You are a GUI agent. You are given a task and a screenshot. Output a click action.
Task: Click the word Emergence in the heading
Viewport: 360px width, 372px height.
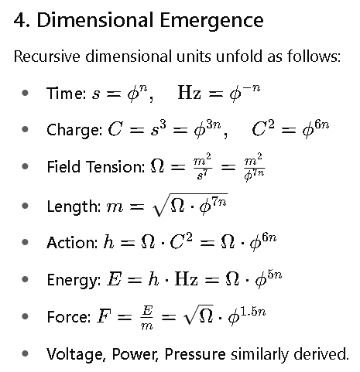tap(211, 21)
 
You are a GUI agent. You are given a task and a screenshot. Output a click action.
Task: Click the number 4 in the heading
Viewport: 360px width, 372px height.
tap(19, 20)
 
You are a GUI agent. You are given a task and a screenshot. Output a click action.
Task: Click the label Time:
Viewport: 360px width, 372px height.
tap(66, 93)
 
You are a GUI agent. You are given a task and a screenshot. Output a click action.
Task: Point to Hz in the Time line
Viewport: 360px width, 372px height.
tap(189, 93)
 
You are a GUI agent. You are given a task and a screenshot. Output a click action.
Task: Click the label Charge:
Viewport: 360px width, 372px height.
tap(74, 130)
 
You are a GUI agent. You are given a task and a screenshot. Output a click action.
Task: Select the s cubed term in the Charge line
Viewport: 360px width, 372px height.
tap(158, 128)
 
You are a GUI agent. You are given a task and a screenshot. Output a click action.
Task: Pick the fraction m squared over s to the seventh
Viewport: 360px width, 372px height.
tap(202, 166)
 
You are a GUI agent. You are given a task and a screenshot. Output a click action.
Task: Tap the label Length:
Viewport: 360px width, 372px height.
tap(74, 207)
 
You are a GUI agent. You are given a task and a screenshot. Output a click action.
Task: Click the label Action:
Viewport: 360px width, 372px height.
tap(72, 243)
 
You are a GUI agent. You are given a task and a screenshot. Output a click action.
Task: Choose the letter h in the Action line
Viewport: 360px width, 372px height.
tap(108, 242)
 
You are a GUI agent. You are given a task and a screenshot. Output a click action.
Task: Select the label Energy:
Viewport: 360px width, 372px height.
tap(74, 281)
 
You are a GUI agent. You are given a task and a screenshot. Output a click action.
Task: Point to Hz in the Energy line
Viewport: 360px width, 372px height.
tap(187, 279)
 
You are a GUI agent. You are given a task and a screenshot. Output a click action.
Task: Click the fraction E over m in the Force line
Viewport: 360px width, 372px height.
tap(147, 317)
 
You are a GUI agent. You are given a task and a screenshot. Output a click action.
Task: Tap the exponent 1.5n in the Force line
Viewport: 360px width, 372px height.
tap(253, 312)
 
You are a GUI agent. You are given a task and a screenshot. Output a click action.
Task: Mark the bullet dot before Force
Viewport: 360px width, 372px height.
tap(25, 316)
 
